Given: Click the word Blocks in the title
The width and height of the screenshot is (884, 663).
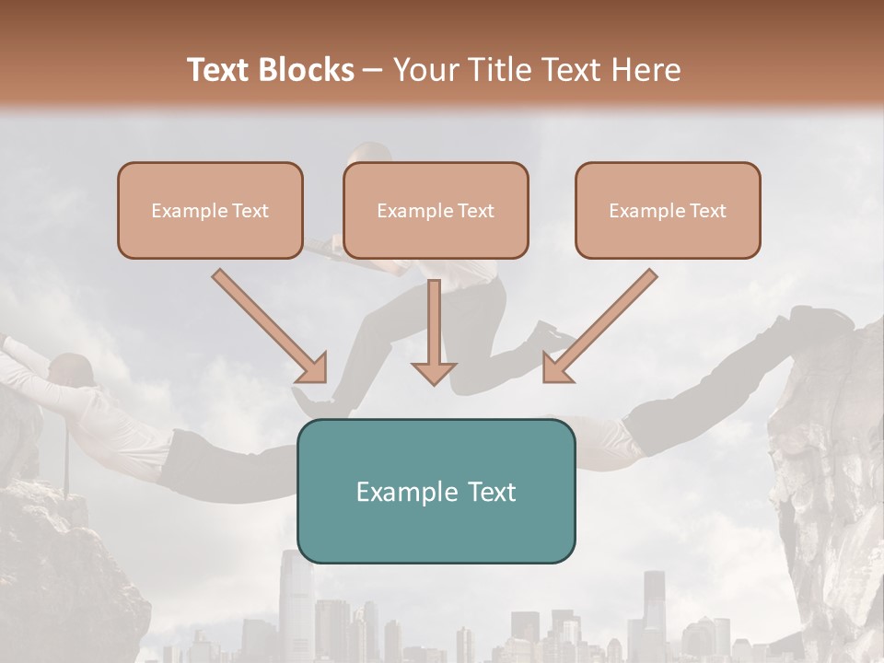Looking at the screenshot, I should point(308,71).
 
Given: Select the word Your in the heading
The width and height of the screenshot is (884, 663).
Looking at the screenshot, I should point(425,71).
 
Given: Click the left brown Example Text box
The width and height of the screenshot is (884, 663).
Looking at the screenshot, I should point(210,210).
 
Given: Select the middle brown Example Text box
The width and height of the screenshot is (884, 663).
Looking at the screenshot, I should point(436,210).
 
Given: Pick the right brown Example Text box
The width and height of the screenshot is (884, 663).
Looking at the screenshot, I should point(668,210).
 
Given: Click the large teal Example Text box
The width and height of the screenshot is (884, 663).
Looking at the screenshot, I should point(436,491).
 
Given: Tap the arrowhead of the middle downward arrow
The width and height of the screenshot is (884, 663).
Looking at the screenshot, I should point(434,372).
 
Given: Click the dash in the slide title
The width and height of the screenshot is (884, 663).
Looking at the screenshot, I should point(374,71).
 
